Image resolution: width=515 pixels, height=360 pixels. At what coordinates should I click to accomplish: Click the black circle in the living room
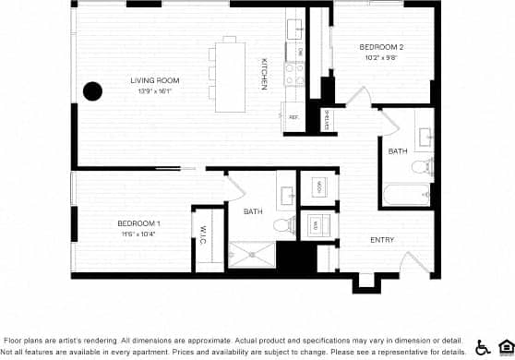[92, 90]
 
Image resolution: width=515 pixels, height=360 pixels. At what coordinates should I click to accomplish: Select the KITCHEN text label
[264, 74]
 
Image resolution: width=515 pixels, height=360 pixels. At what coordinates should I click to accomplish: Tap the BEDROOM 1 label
[139, 223]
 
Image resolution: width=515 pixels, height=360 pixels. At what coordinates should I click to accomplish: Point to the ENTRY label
[382, 240]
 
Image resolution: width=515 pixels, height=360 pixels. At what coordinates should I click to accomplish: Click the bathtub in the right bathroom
[406, 195]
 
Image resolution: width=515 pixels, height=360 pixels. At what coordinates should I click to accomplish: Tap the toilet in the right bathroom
[420, 167]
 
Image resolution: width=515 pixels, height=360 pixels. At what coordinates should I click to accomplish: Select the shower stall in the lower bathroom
[251, 254]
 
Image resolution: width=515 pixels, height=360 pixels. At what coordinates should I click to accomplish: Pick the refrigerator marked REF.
[293, 117]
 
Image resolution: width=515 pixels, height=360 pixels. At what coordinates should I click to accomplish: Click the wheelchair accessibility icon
[482, 347]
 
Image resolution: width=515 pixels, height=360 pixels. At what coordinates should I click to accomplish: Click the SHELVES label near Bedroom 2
[327, 118]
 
